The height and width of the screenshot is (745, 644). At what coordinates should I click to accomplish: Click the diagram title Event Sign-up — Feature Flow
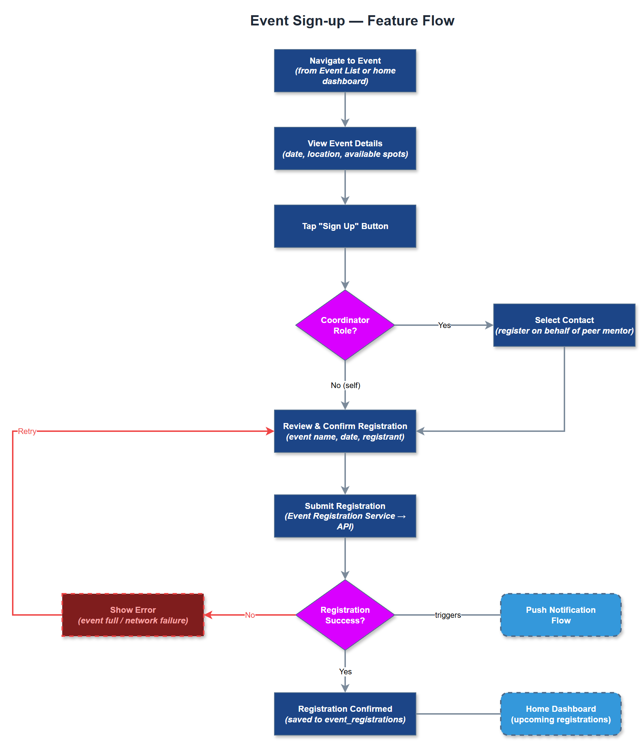point(352,21)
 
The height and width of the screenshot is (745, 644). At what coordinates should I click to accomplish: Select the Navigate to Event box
point(345,71)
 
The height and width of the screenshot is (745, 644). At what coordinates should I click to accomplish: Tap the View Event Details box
point(345,148)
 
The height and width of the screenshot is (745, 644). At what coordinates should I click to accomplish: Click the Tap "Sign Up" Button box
point(345,226)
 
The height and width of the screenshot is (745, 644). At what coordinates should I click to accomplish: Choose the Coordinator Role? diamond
point(345,325)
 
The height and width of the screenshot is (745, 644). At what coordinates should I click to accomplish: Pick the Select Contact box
point(564,325)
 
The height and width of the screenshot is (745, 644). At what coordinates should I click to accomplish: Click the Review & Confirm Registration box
point(345,431)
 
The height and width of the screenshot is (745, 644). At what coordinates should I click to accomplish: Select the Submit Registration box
point(345,516)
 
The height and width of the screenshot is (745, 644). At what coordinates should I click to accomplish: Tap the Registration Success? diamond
point(345,615)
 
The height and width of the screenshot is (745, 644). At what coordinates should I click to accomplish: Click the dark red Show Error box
point(133,615)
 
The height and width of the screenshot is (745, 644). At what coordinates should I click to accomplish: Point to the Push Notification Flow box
point(561,615)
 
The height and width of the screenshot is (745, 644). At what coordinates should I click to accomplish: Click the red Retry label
point(27,431)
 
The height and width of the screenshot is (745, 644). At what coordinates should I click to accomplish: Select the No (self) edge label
point(345,385)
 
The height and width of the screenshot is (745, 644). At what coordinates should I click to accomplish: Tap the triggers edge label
point(448,615)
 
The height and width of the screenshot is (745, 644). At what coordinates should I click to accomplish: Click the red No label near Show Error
point(250,615)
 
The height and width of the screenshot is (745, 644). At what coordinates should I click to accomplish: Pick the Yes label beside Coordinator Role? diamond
point(444,325)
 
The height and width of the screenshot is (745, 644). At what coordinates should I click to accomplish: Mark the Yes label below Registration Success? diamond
point(345,671)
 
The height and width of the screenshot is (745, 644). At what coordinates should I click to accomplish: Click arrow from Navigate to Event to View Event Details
point(345,110)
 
